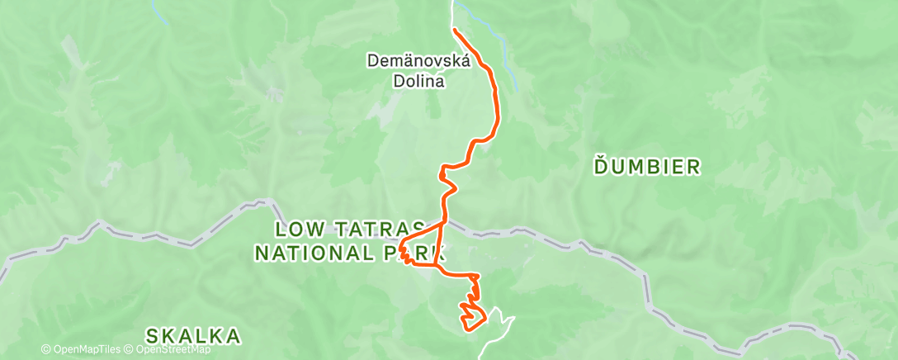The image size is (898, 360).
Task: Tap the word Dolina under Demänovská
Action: point(418,82)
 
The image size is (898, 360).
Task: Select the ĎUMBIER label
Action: point(647,168)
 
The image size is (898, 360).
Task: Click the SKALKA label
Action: point(194,336)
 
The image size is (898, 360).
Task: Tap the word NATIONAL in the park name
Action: point(314,253)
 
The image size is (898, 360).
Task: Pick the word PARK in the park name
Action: point(412,253)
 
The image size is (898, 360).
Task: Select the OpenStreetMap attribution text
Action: point(170,350)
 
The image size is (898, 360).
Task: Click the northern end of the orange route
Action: point(455,30)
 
